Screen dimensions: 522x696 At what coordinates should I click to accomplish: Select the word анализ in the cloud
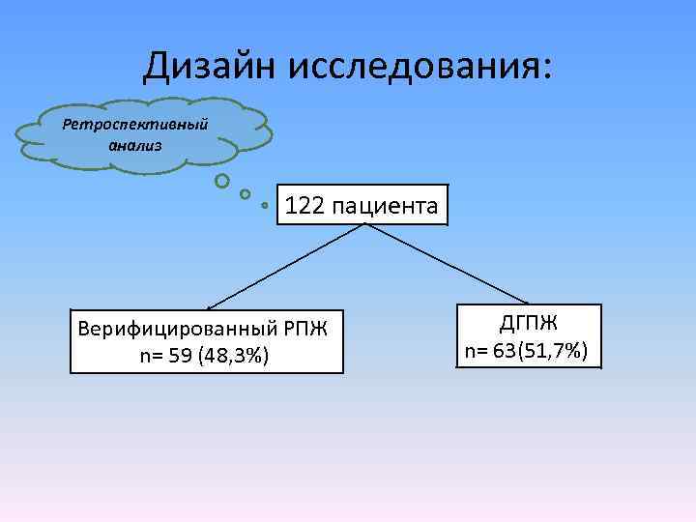point(136,145)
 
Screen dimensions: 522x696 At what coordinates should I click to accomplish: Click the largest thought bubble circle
point(222,180)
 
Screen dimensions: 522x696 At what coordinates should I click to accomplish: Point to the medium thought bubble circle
point(246,193)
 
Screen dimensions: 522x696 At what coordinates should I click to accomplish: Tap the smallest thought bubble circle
point(265,205)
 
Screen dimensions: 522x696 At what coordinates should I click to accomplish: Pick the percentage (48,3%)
point(233,357)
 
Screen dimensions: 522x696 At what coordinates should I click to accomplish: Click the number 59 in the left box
point(181,357)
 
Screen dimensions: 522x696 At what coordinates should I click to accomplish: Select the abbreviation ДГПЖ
point(529,323)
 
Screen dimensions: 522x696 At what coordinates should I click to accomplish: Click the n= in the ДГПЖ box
point(477,350)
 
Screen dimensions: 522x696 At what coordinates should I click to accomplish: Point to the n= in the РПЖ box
point(152,357)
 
